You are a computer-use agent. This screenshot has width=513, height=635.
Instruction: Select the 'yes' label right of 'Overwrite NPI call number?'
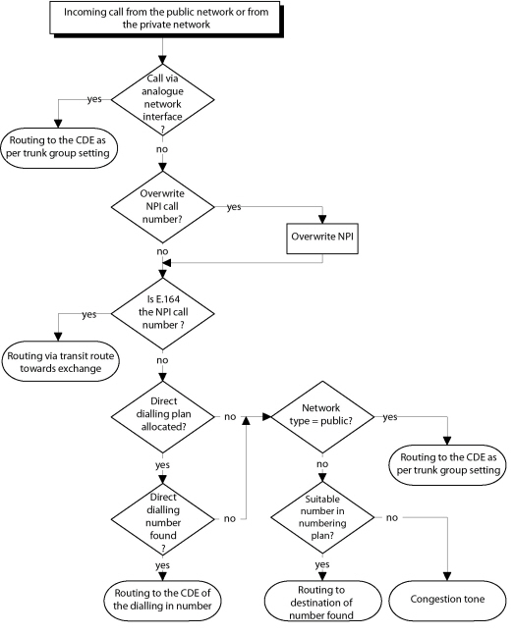[x=235, y=207]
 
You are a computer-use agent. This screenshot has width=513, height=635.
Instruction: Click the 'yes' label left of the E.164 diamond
[x=88, y=315]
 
